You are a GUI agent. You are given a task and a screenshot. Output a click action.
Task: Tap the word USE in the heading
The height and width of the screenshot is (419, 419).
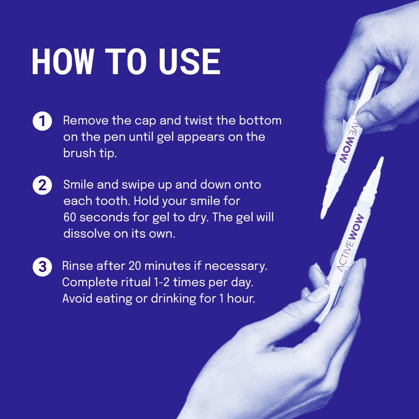(189, 62)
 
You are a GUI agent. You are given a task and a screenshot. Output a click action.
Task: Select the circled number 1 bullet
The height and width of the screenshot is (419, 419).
(42, 122)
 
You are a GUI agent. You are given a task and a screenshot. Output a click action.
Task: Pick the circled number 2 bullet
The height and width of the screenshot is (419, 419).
(42, 186)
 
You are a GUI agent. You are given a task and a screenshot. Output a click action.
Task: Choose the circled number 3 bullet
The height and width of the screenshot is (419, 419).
(42, 267)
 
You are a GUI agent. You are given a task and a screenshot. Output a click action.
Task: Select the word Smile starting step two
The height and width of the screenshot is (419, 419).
(79, 185)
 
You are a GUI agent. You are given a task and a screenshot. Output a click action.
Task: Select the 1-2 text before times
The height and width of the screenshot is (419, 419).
(182, 282)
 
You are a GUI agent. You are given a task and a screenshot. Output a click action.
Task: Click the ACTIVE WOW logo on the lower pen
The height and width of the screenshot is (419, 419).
(351, 243)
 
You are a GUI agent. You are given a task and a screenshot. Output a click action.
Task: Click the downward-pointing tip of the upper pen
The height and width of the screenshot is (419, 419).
(323, 214)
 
